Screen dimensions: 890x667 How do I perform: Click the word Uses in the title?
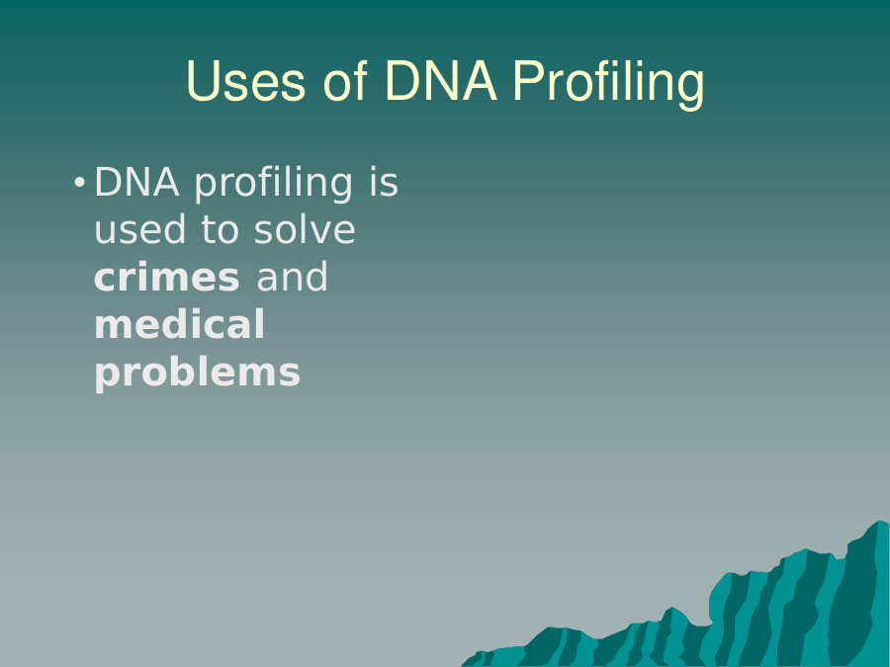[246, 81]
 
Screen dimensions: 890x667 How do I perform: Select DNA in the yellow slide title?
[441, 81]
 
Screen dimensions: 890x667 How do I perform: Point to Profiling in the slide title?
[608, 84]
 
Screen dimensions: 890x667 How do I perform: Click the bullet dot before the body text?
[79, 183]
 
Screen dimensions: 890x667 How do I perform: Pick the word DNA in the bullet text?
[136, 183]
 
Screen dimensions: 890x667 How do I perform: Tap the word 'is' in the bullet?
[385, 182]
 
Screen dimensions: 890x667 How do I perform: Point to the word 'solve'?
[305, 228]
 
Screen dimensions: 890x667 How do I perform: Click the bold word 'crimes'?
[167, 278]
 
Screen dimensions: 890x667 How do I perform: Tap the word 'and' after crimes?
[293, 277]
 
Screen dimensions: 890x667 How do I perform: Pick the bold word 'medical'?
[179, 324]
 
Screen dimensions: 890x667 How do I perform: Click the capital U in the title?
[202, 81]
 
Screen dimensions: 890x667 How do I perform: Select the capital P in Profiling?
[527, 81]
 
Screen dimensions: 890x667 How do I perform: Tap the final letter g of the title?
[690, 90]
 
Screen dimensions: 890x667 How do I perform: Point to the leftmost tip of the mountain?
[462, 665]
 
